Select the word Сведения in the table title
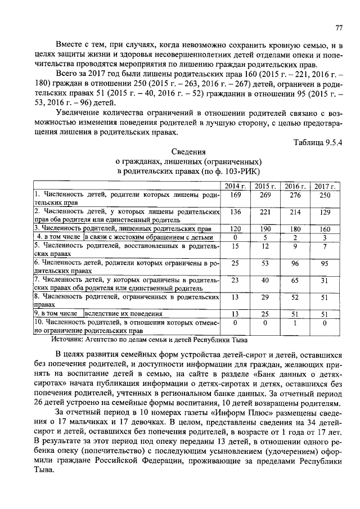(x=188, y=151)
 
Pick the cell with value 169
(x=236, y=195)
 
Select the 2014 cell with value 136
(x=236, y=212)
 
